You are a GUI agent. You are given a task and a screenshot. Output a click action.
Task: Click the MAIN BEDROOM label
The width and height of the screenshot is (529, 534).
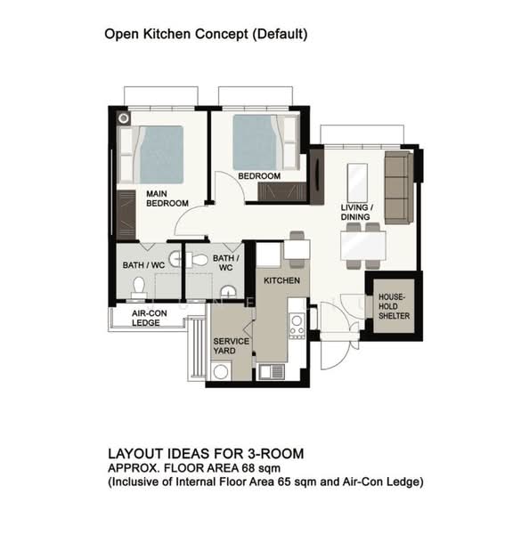click(167, 198)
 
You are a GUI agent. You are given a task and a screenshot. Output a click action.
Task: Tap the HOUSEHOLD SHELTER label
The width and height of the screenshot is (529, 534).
click(394, 306)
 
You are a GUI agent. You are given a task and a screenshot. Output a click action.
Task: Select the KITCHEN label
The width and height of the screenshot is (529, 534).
click(282, 280)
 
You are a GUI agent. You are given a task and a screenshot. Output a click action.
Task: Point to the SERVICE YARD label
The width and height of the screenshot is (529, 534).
click(231, 346)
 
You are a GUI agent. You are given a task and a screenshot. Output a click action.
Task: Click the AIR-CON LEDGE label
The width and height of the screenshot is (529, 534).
click(150, 318)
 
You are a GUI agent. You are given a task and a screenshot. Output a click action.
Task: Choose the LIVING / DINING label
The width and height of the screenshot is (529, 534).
click(357, 212)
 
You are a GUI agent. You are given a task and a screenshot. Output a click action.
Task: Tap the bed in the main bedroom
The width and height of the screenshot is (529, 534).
click(151, 155)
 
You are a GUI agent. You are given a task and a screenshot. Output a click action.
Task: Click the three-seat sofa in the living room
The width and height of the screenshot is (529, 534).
click(399, 188)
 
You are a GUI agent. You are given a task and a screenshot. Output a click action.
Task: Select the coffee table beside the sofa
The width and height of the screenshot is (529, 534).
click(357, 182)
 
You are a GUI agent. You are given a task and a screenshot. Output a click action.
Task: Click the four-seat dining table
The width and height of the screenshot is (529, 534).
click(363, 246)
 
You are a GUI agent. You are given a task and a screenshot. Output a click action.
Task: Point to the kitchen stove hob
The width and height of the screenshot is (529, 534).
click(297, 326)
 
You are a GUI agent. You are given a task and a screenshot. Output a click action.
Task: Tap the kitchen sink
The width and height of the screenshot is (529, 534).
click(271, 371)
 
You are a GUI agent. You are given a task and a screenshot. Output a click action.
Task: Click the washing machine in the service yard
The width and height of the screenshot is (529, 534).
click(221, 371)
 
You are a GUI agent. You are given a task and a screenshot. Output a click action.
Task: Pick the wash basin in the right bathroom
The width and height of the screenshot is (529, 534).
click(228, 293)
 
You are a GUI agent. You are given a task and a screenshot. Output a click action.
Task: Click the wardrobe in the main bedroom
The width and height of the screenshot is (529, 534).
click(126, 215)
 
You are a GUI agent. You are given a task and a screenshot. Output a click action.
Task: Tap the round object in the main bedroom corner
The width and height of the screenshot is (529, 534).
click(124, 118)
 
